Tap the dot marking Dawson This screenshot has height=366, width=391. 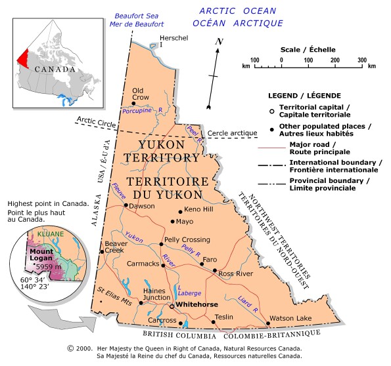(126, 205)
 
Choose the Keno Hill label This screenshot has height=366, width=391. (200, 209)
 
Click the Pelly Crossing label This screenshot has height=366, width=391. (187, 239)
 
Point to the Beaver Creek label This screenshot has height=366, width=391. (115, 247)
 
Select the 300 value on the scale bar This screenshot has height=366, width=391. (362, 60)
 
